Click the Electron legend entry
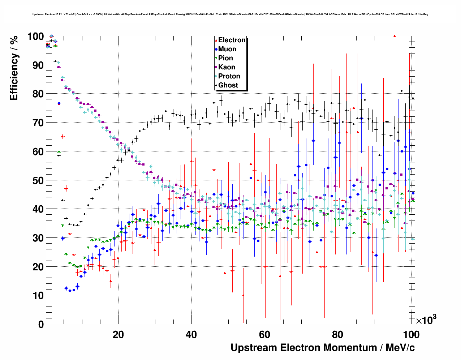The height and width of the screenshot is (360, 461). [232, 40]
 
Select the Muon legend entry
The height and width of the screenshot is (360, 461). [227, 49]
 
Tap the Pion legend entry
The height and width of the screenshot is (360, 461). [225, 58]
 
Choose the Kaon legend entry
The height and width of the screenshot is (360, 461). [227, 67]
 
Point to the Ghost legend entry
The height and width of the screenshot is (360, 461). [228, 85]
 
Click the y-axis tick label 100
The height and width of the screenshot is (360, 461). [35, 37]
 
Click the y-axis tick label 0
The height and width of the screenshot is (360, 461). [41, 325]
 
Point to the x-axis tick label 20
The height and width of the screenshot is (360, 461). [118, 334]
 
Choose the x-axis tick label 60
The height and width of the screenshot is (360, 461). [264, 334]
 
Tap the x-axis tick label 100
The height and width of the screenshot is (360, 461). [411, 334]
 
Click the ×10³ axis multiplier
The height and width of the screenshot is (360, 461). [426, 320]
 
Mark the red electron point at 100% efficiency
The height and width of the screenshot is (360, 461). [395, 36]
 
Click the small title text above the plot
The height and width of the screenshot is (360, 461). [230, 14]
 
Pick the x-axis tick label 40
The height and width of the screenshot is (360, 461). [191, 334]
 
